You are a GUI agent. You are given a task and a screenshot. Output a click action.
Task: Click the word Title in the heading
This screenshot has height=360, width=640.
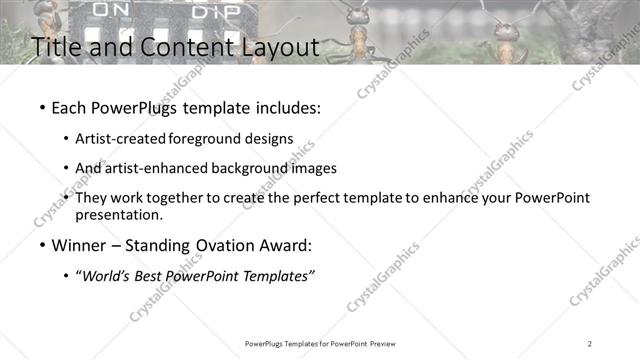pyautogui.click(x=57, y=47)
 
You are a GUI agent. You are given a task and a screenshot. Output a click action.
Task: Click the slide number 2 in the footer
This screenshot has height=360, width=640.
pyautogui.click(x=590, y=344)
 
